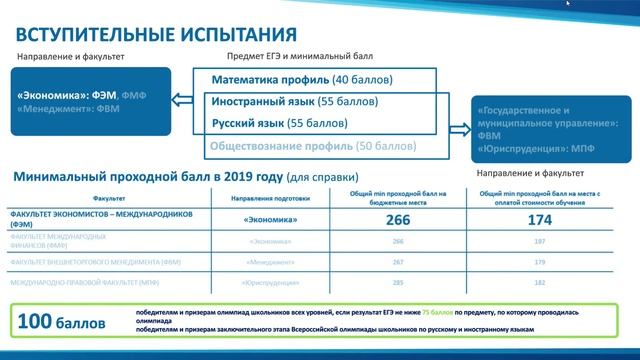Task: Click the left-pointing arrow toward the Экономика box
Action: (182, 98)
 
